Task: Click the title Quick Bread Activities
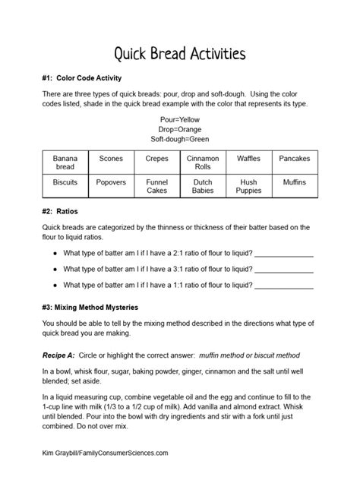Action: click(x=179, y=54)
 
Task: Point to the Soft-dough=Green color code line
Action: click(x=179, y=139)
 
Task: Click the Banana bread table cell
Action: click(x=65, y=163)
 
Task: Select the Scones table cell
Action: click(x=111, y=159)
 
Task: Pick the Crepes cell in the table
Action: click(x=156, y=159)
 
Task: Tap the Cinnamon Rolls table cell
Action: click(x=202, y=163)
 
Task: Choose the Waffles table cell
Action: click(x=248, y=159)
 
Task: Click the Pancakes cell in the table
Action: click(x=294, y=159)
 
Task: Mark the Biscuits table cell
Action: click(x=65, y=183)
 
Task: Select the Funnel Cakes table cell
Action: click(x=156, y=187)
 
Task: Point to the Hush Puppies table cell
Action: click(x=248, y=187)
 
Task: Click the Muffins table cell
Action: click(x=294, y=183)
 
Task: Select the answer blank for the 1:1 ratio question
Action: click(x=284, y=286)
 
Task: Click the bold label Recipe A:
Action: click(x=65, y=355)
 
